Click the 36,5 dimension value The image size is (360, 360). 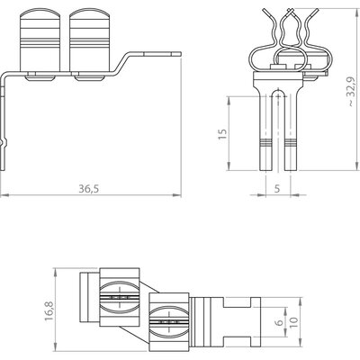pos(89,189)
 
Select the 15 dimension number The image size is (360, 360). pos(222,134)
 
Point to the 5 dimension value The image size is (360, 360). pos(277,189)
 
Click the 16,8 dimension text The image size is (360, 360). pos(49,310)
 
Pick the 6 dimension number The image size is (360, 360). pos(279,322)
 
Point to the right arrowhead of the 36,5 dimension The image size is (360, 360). pos(177,195)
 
